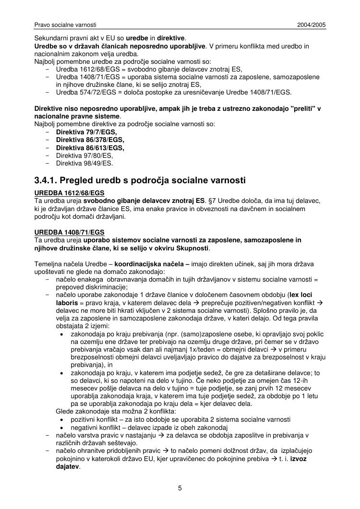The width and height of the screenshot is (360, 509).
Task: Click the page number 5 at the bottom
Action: pyautogui.click(x=180, y=488)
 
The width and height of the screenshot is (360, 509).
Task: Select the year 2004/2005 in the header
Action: pyautogui.click(x=312, y=24)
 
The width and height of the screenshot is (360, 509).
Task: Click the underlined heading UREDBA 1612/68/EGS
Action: pyautogui.click(x=69, y=193)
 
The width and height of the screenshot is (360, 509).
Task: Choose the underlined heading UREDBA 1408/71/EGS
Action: pyautogui.click(x=69, y=232)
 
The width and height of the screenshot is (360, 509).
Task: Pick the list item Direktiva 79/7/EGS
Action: pyautogui.click(x=86, y=132)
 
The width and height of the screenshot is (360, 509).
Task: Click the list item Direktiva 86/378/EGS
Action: pyautogui.click(x=90, y=140)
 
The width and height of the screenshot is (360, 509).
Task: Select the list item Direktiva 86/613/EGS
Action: pyautogui.click(x=90, y=148)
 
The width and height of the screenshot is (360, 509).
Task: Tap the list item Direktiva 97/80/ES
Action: pyautogui.click(x=84, y=155)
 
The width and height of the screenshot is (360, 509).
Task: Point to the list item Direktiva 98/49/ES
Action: pyautogui.click(x=84, y=163)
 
